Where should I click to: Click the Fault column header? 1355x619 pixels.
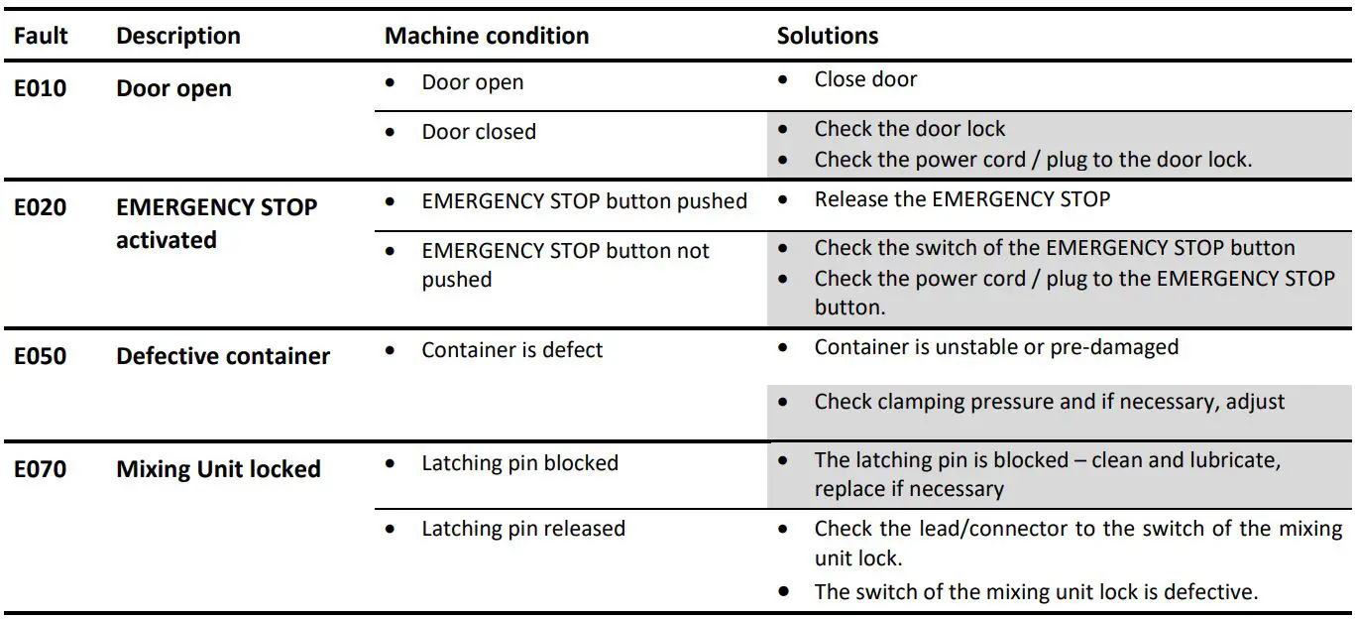[x=41, y=37]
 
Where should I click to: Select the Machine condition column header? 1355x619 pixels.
[x=487, y=37]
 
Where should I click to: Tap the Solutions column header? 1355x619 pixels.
[x=827, y=37]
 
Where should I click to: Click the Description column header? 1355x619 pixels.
[x=178, y=37]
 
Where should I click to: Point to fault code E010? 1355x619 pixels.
[x=41, y=88]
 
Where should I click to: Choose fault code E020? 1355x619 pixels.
[x=41, y=207]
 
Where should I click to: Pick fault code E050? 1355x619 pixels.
[x=41, y=356]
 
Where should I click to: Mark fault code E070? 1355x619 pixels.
[x=41, y=468]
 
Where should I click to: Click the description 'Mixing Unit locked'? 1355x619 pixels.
[x=218, y=468]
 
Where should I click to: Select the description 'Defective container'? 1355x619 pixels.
[x=223, y=356]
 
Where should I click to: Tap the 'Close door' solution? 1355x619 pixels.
[x=865, y=79]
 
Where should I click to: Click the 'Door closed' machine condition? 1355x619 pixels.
[x=479, y=132]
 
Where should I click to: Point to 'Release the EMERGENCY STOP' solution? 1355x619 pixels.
[x=961, y=199]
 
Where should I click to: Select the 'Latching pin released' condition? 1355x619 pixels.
[x=523, y=529]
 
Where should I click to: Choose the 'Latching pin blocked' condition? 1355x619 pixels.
[x=519, y=463]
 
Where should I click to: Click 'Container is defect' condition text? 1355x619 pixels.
[x=511, y=350]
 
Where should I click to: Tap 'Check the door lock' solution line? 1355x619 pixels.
[x=909, y=129]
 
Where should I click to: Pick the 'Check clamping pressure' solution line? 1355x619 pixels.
[x=1049, y=402]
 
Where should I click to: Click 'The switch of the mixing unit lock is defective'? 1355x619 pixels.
[x=1036, y=592]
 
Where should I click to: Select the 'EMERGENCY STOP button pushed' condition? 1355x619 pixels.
[x=584, y=201]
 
